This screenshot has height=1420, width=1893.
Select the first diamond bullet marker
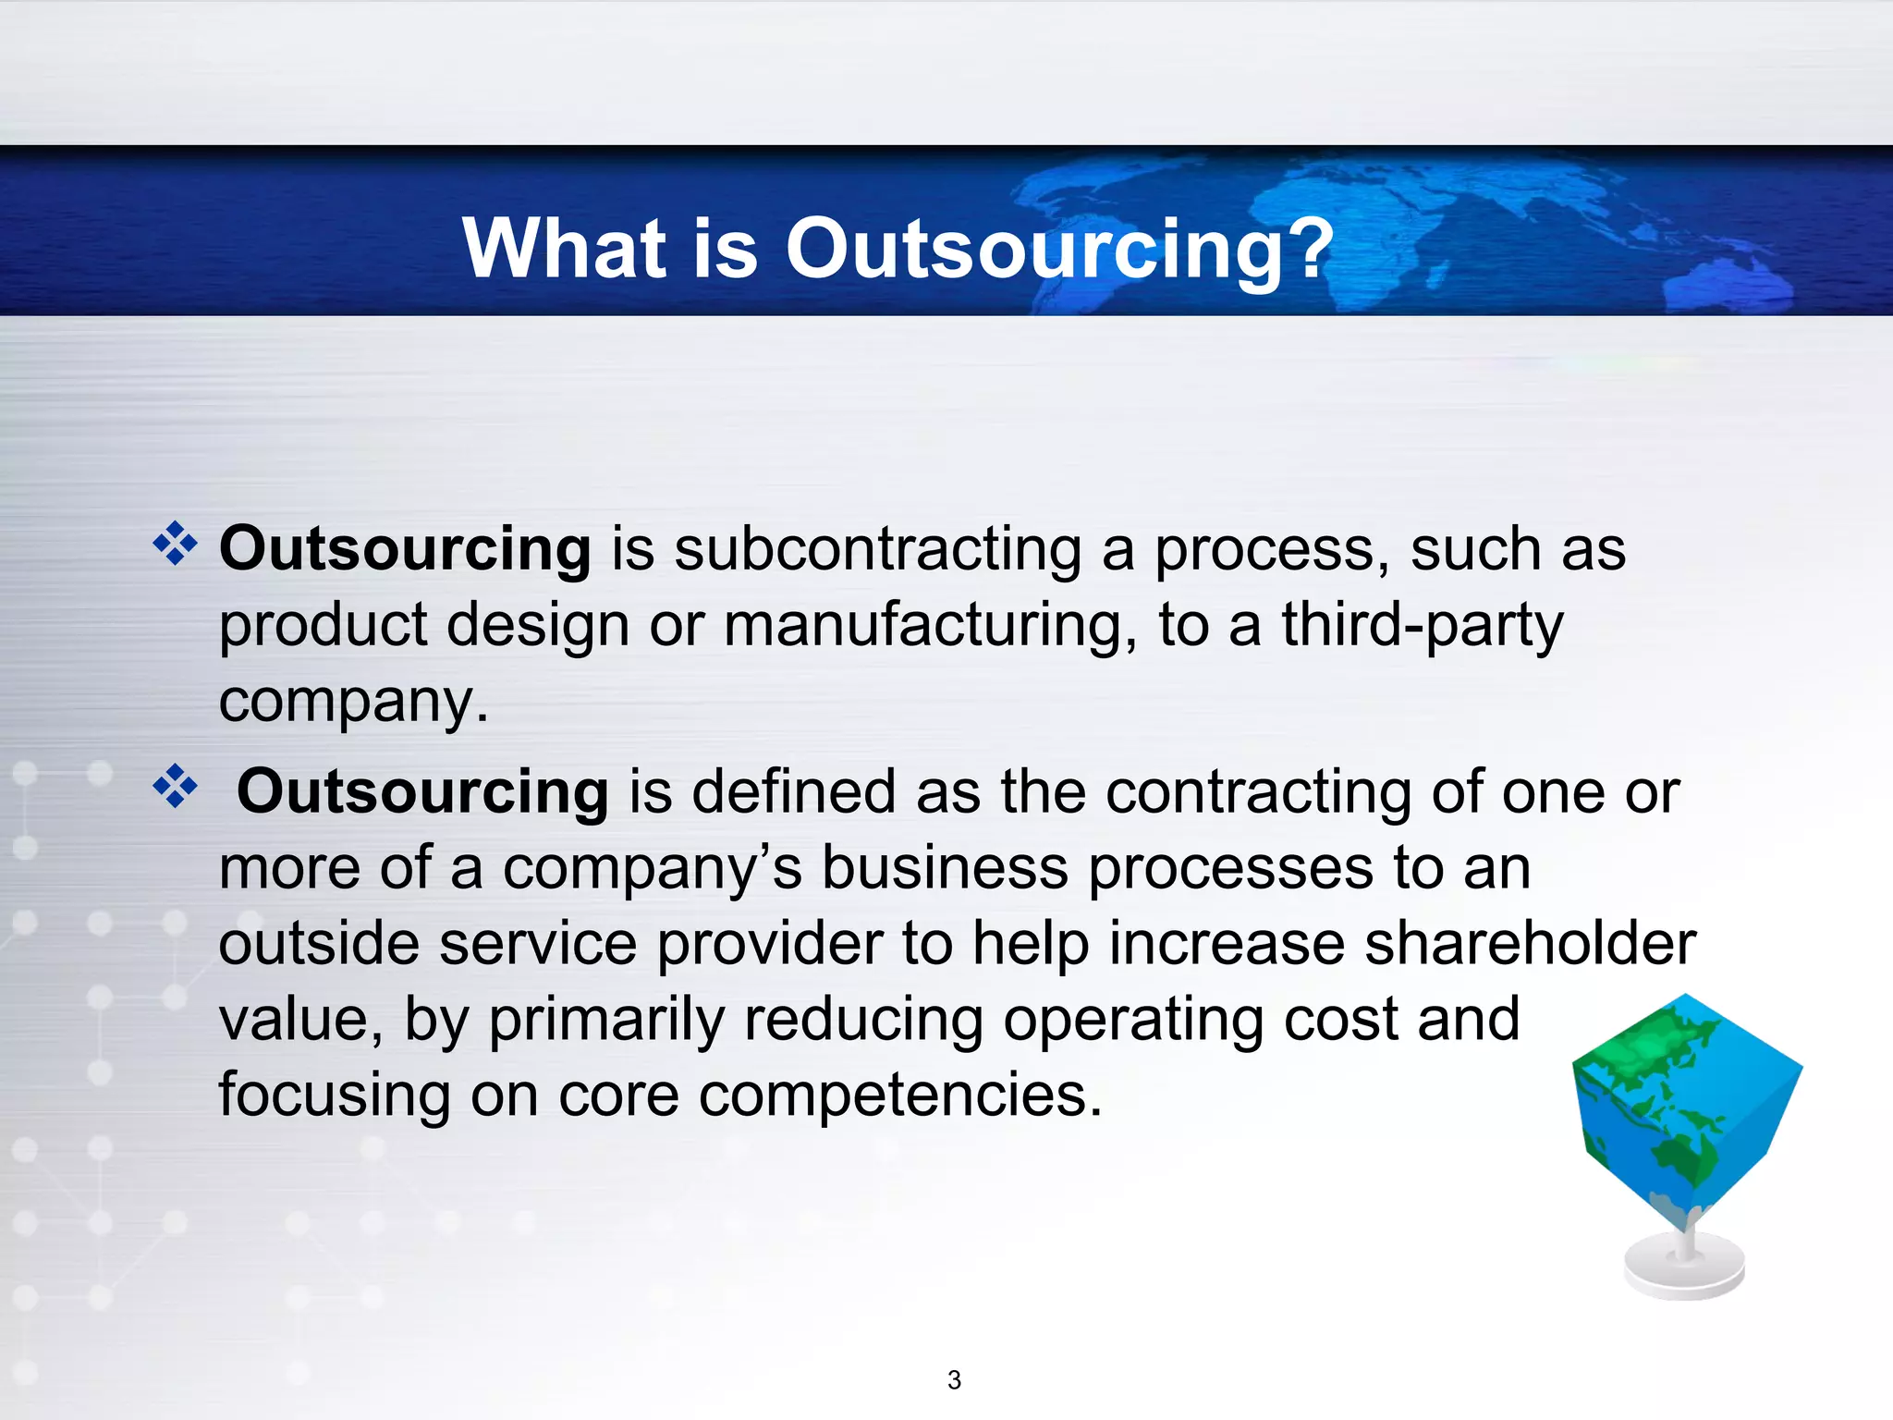(x=175, y=544)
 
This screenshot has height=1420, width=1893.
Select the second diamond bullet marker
(x=175, y=787)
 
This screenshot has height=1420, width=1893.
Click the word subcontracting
(x=878, y=549)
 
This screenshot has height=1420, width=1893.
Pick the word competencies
(x=900, y=1095)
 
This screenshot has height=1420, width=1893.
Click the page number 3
(x=954, y=1380)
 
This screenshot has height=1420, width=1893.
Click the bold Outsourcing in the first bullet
(x=405, y=549)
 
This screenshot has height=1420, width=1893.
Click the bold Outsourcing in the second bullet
(x=422, y=792)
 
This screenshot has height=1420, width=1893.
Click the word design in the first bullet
(x=539, y=625)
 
